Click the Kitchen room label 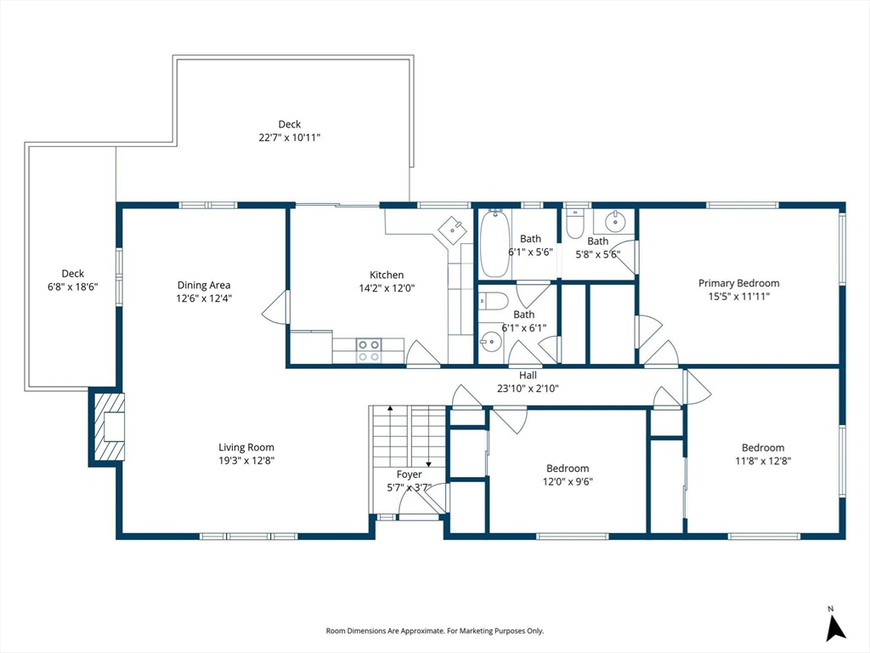(387, 275)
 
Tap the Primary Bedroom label (738, 283)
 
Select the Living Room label (246, 447)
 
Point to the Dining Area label (204, 286)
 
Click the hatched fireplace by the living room (108, 427)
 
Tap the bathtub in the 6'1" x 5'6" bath (494, 243)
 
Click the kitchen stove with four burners (369, 350)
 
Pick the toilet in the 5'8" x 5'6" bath (575, 223)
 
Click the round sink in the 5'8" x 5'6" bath (615, 222)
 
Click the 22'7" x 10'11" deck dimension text (290, 137)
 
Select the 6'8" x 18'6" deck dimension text (73, 287)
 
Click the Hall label (528, 375)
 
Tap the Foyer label (409, 474)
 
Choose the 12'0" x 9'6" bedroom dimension (568, 481)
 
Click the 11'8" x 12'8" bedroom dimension (763, 461)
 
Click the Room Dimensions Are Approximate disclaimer (434, 631)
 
